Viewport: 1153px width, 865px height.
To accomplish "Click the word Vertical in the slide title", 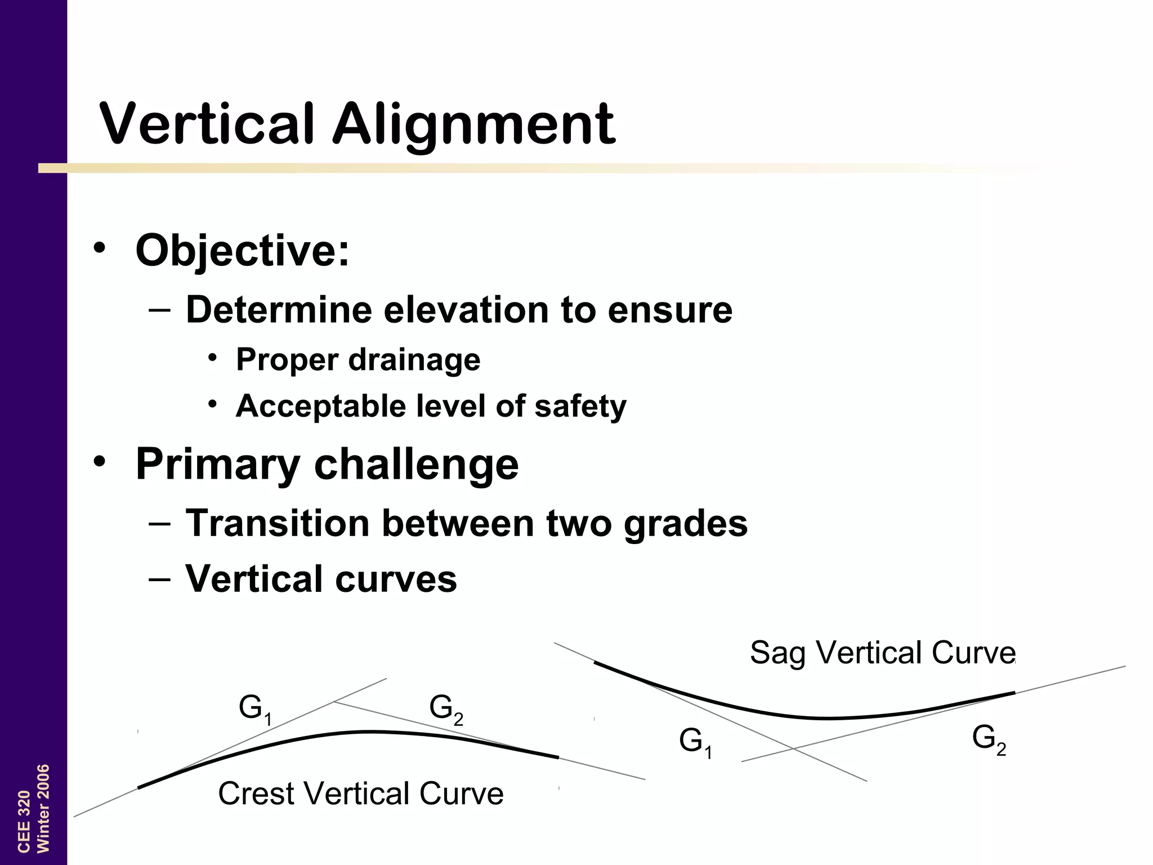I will (x=206, y=123).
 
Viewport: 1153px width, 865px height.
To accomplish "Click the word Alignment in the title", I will (x=473, y=125).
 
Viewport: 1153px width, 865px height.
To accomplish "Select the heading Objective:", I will (x=242, y=250).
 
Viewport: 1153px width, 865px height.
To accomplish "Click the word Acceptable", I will (x=321, y=407).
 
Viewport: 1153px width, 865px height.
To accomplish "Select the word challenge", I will (x=416, y=465).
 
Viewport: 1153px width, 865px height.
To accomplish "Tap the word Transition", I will (x=277, y=523).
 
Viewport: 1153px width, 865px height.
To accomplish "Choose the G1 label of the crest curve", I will (x=255, y=709).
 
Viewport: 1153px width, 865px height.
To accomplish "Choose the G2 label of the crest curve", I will (x=446, y=709).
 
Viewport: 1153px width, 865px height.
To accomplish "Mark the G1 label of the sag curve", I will (x=695, y=742).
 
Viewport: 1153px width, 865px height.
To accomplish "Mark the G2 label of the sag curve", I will (x=989, y=739).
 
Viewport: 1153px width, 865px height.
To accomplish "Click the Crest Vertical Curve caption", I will (x=360, y=793).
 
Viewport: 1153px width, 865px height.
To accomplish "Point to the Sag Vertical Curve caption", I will (x=882, y=653).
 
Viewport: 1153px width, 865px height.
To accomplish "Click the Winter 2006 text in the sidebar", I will (x=43, y=808).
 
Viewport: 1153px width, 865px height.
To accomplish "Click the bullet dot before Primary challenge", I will (x=100, y=462).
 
